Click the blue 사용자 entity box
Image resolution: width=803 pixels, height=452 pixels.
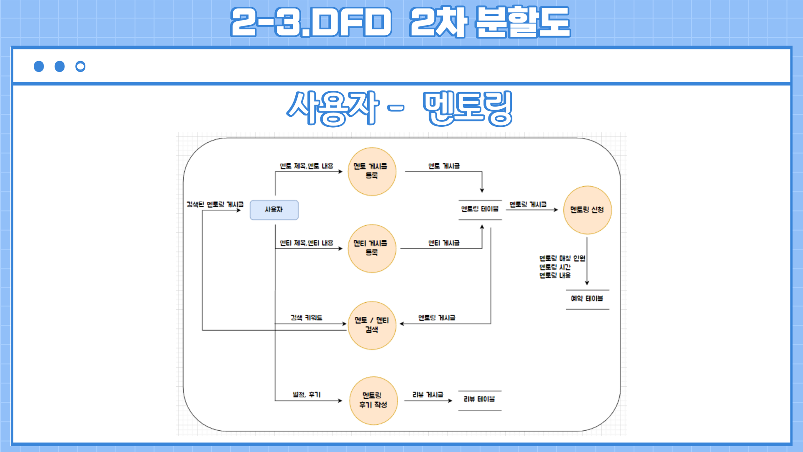274,210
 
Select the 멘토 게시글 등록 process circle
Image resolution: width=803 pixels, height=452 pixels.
371,171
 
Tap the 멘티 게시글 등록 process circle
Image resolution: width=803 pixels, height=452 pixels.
371,248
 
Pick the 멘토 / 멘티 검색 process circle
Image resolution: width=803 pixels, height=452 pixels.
371,325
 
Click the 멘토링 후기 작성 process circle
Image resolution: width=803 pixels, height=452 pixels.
373,401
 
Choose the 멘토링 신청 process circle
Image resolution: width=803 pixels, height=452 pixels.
587,210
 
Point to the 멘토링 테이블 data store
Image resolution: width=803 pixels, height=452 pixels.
480,209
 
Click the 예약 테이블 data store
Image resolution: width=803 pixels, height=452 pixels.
587,299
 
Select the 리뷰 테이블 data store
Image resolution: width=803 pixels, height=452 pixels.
479,400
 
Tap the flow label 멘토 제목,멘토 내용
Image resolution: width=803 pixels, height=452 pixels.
307,166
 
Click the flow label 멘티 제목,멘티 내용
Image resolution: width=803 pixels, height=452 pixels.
307,243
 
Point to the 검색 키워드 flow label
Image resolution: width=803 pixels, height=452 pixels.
307,318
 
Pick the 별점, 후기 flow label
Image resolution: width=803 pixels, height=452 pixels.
307,395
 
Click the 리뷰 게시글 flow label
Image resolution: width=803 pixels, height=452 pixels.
427,395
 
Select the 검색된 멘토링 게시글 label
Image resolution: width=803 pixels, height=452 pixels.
215,205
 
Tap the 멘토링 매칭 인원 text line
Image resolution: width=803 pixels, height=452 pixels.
562,258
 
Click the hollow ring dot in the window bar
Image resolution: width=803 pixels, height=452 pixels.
80,67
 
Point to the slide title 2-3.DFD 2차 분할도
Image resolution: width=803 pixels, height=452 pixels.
400,22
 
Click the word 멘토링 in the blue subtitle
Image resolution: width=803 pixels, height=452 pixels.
467,108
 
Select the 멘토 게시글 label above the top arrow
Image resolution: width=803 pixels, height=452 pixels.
444,166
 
